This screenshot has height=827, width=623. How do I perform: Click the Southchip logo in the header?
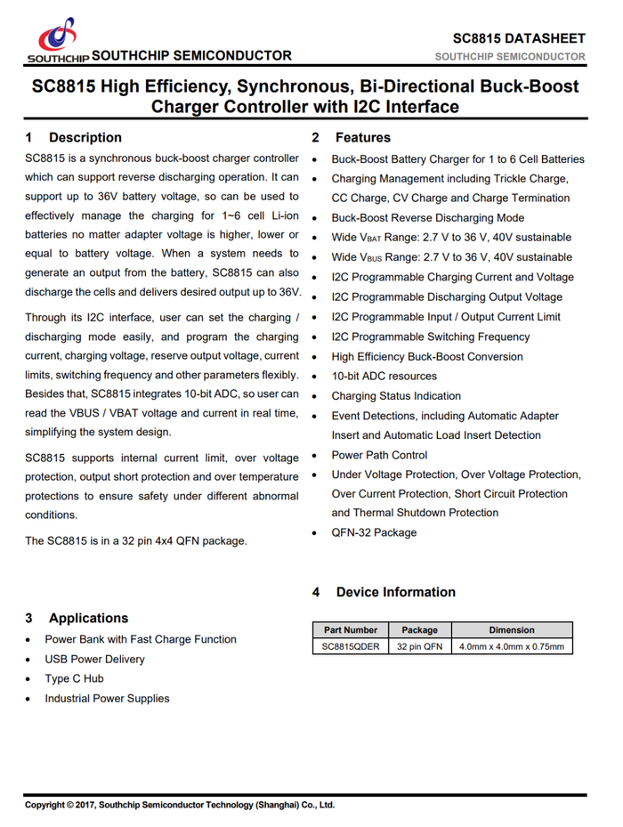tap(57, 41)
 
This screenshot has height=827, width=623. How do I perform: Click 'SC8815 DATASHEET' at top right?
tap(519, 38)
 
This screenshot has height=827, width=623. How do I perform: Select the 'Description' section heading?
tap(85, 137)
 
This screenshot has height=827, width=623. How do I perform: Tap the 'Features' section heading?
tap(362, 137)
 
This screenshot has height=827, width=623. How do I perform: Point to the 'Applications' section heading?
tap(88, 618)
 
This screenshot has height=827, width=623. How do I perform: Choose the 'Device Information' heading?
tap(395, 592)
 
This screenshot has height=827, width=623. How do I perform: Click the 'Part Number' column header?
tap(351, 629)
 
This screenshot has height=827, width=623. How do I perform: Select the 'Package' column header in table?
tap(419, 629)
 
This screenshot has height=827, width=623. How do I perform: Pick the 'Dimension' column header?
tap(512, 629)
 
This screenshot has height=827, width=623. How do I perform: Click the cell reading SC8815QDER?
tap(351, 646)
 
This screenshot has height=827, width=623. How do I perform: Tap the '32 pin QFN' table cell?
tap(419, 646)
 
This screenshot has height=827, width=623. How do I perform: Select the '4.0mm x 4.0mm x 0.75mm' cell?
tap(512, 646)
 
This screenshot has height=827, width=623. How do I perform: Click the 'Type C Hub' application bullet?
tap(74, 678)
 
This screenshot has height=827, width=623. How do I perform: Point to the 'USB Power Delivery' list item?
tap(94, 659)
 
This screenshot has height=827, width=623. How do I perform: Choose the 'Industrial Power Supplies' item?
tap(107, 698)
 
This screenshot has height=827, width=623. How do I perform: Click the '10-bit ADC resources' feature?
tap(384, 376)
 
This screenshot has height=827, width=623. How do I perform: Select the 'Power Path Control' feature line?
tap(379, 455)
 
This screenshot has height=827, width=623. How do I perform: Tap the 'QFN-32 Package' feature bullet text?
tap(374, 532)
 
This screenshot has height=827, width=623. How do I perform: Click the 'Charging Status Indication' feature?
tap(396, 396)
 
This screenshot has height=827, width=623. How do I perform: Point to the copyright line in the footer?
tap(179, 805)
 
